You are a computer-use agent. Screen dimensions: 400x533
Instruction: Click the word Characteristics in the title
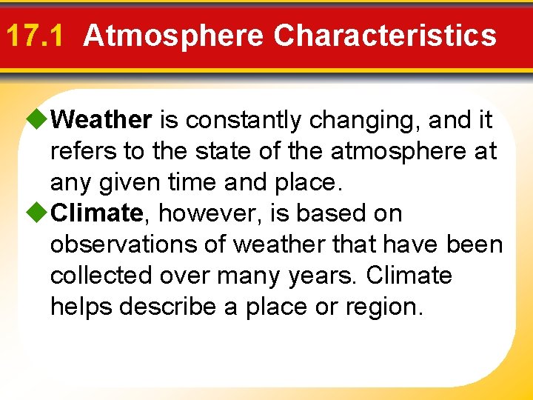coord(384,36)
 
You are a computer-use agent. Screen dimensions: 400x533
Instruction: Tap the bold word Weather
coord(102,119)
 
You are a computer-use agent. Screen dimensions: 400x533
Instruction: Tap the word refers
coord(83,151)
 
